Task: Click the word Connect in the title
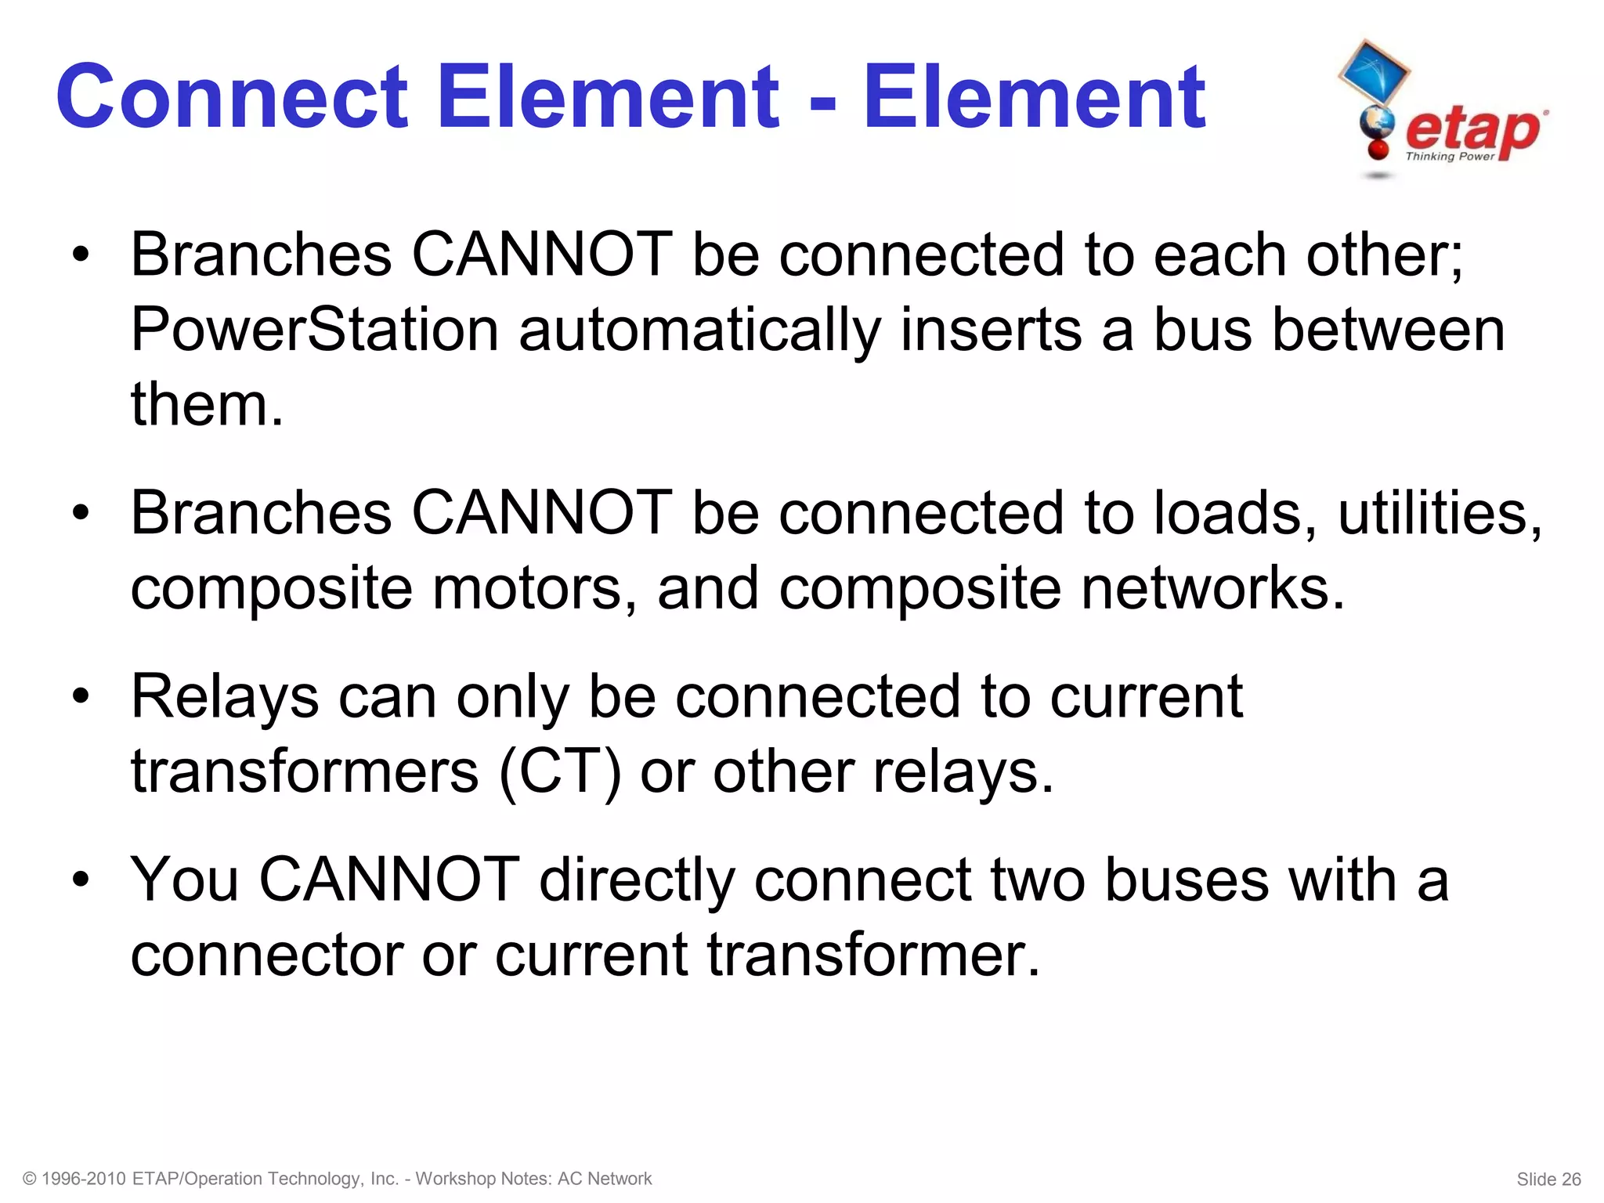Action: pyautogui.click(x=232, y=97)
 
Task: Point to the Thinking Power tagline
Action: pyautogui.click(x=1450, y=157)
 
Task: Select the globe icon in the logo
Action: pyautogui.click(x=1377, y=124)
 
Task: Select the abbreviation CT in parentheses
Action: pyautogui.click(x=560, y=772)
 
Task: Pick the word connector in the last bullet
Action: pyautogui.click(x=266, y=956)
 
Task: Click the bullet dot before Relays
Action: pyautogui.click(x=80, y=697)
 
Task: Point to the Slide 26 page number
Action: pyautogui.click(x=1548, y=1180)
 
